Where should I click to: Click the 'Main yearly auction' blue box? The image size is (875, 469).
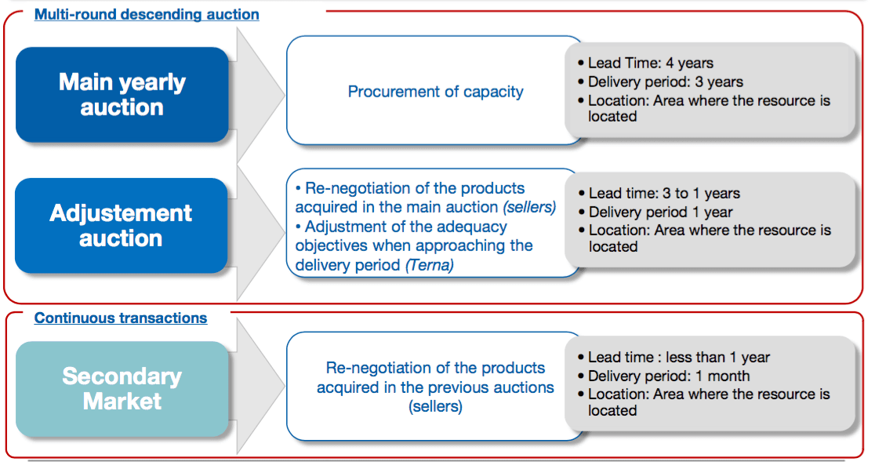122,94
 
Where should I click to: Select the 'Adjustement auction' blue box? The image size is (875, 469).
121,226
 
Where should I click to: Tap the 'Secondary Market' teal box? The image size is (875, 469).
122,388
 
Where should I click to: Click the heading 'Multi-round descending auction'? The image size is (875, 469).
147,15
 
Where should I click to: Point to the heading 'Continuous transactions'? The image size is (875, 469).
121,318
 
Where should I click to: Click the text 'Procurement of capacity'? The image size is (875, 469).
435,92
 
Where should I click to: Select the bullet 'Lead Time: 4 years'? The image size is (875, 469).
645,63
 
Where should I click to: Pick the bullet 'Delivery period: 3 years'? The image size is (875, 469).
661,82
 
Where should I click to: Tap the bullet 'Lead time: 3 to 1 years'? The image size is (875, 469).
659,193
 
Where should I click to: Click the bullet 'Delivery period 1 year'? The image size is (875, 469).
655,213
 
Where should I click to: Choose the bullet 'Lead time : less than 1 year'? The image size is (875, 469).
673,358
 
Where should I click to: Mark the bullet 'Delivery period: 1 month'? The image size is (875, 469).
664,376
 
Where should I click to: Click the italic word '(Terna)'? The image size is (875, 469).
429,265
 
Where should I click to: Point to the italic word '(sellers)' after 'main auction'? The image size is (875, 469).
529,207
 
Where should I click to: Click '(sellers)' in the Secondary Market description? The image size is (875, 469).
435,406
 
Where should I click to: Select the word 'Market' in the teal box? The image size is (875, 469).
122,402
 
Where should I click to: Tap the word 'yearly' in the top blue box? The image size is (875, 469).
150,82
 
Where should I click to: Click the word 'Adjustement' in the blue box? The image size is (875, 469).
121,213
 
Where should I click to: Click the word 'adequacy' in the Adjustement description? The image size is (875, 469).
473,227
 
